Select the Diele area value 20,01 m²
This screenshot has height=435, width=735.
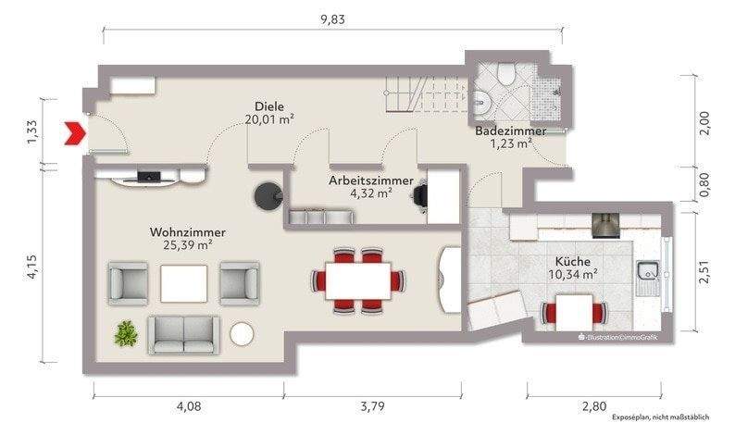269,118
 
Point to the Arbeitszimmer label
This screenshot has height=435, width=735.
370,180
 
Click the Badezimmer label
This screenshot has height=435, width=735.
510,131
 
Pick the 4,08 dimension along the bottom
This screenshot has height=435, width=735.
190,405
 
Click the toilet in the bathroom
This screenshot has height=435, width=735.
505,73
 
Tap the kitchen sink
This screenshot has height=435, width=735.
647,271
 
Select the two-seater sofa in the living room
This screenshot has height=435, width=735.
186,334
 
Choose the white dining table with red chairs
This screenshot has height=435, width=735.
357,279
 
